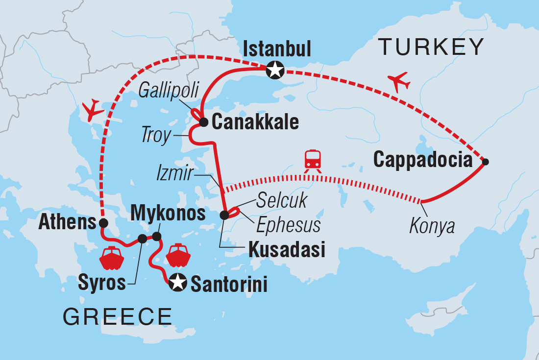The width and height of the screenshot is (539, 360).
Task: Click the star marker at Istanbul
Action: coord(274,71)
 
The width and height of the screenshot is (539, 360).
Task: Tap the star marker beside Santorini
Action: coord(177,283)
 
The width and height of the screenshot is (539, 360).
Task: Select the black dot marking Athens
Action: coord(103,223)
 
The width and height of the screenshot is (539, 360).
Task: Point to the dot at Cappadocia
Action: coord(485,161)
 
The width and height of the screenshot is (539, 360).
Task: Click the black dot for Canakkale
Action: coord(204,121)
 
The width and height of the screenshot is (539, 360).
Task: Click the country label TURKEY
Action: coord(431,47)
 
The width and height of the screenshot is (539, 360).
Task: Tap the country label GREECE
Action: coord(117,317)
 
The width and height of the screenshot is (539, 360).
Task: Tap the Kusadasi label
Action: coord(287,250)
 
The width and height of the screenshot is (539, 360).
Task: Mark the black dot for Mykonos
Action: coord(157,237)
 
